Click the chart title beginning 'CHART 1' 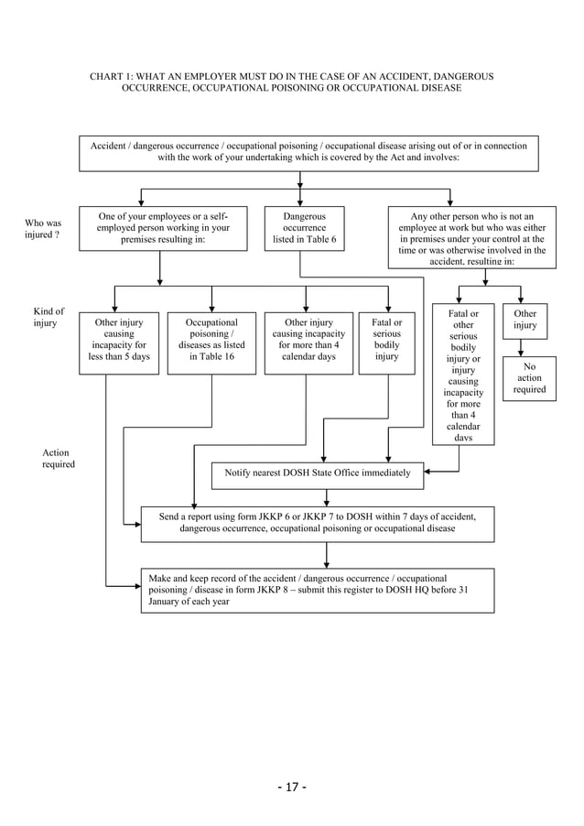[291, 82]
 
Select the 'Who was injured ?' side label [43, 229]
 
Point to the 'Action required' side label [58, 459]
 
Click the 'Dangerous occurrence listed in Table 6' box [304, 228]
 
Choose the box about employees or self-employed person [163, 228]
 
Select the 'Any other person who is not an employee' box [471, 236]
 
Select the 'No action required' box [529, 377]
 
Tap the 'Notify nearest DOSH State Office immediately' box [318, 474]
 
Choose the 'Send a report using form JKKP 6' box [317, 523]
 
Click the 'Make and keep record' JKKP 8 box [317, 591]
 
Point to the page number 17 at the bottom [291, 787]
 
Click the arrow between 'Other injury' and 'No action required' [521, 348]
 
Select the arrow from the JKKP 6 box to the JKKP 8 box [327, 554]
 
